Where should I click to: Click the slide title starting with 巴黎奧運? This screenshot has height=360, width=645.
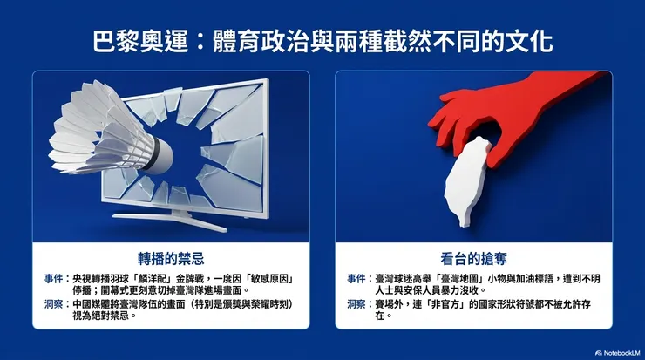click(322, 42)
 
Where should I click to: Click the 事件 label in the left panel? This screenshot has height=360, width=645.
click(52, 278)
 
